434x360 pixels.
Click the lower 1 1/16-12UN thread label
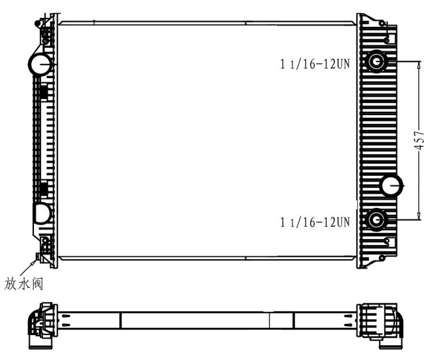tap(314, 222)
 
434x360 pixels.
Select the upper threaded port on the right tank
tap(375, 61)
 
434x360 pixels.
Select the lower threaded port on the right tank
tap(375, 221)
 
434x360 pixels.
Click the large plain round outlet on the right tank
tap(391, 185)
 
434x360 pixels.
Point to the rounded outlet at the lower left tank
tap(42, 213)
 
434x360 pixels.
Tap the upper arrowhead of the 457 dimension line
tap(419, 65)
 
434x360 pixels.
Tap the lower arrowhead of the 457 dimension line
tap(419, 217)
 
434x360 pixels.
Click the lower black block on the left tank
tap(44, 189)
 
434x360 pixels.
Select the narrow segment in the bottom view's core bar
tap(281, 319)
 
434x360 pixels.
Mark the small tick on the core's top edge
tap(94, 23)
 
